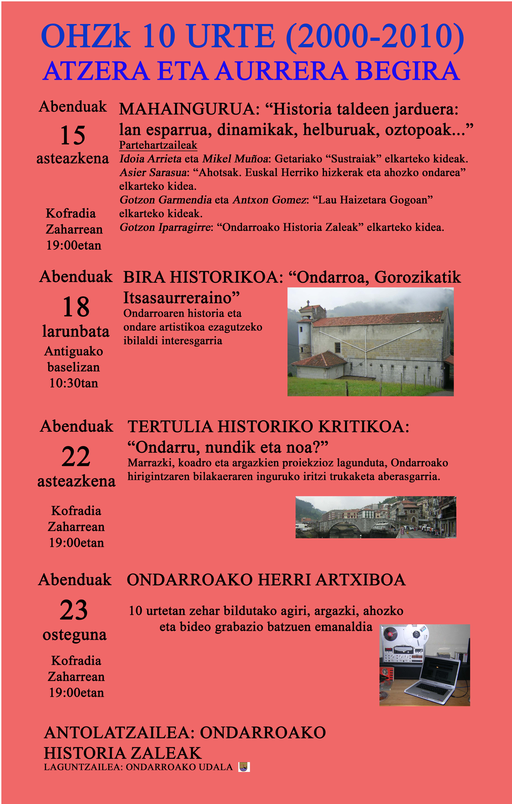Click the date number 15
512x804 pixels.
click(x=73, y=135)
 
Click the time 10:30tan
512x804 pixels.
click(x=74, y=383)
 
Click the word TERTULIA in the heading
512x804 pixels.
click(x=170, y=427)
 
